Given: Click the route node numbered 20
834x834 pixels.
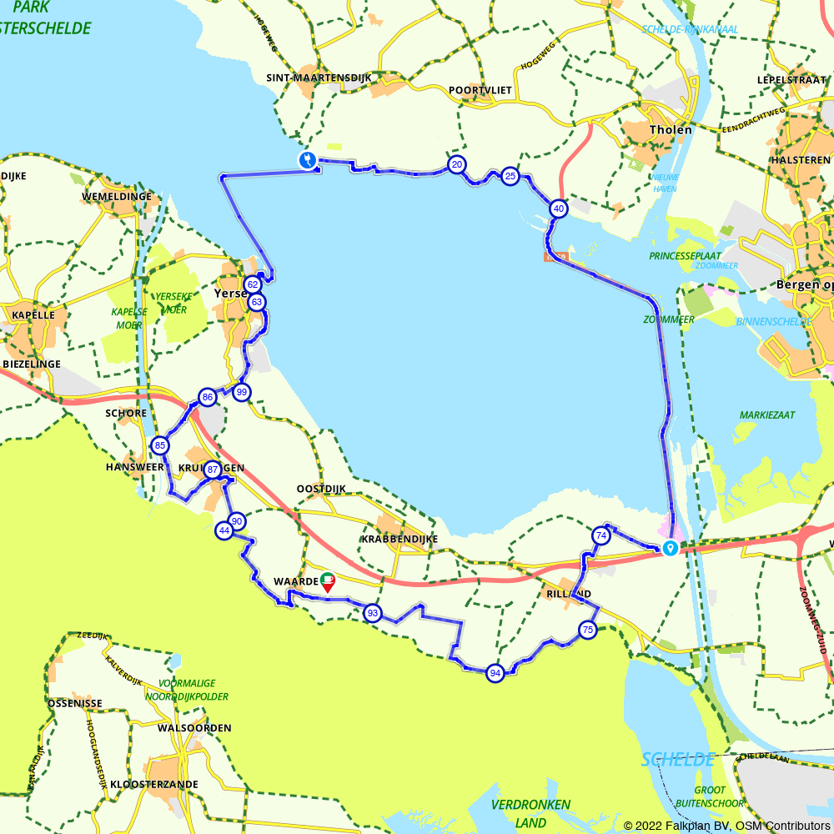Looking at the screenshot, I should (456, 164).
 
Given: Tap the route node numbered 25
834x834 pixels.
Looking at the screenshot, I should (510, 176).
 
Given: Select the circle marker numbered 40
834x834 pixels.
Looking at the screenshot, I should (558, 208).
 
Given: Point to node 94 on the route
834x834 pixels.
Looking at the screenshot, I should (495, 673).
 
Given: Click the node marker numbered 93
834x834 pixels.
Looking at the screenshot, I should (373, 614).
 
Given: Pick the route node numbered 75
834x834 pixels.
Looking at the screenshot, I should (588, 630).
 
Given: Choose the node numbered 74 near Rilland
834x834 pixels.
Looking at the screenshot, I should (600, 536).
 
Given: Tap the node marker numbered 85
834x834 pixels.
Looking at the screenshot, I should (160, 445).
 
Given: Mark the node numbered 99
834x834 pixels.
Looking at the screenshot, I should (242, 392).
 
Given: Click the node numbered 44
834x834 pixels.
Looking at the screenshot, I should (224, 530).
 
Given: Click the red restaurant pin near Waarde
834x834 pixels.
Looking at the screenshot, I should (328, 581).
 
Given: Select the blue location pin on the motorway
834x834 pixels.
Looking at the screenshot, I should (670, 548).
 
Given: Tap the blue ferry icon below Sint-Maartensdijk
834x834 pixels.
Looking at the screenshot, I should (308, 159).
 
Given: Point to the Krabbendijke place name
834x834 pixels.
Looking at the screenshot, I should (400, 539).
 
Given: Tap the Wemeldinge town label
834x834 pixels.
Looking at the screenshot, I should (116, 197).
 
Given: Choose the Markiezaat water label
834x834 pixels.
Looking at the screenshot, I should (766, 414).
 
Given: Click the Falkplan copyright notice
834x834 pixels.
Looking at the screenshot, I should (726, 825).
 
